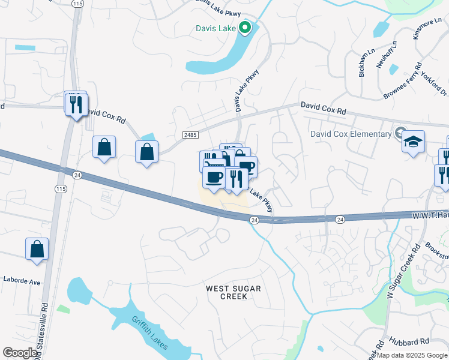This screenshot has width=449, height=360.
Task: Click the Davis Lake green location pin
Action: [x=244, y=28]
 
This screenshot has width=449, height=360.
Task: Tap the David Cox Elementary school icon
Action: [x=413, y=142]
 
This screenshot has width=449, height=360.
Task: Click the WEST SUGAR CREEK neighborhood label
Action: [x=234, y=292]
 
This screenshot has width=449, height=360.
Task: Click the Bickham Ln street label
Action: [x=362, y=63]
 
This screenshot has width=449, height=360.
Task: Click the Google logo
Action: [x=20, y=353]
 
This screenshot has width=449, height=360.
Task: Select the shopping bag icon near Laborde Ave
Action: [x=37, y=248]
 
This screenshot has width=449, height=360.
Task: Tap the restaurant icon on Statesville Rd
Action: [x=76, y=104]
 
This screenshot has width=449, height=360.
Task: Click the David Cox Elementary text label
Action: [x=351, y=134]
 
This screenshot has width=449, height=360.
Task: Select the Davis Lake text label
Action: [x=215, y=28]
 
